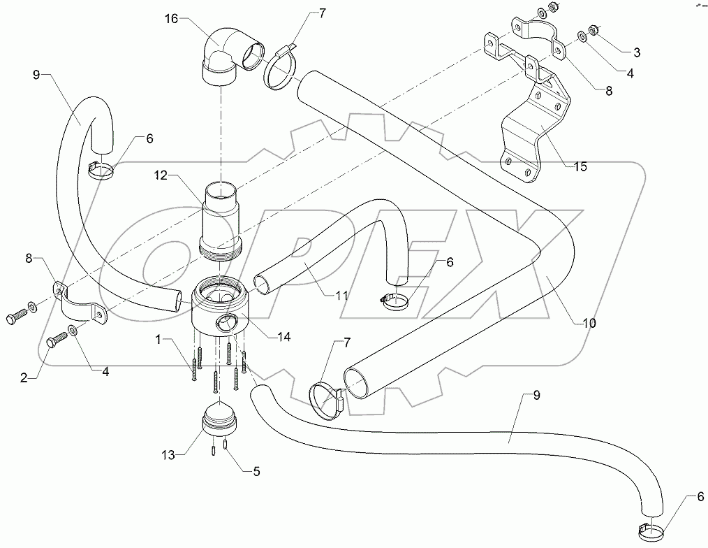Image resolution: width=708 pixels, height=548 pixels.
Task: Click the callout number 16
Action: click(x=172, y=18)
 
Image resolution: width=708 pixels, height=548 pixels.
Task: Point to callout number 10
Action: click(x=589, y=322)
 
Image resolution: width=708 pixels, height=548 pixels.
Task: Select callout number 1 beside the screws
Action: click(x=159, y=339)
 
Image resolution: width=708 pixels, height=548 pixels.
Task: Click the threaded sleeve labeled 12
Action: click(x=219, y=217)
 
